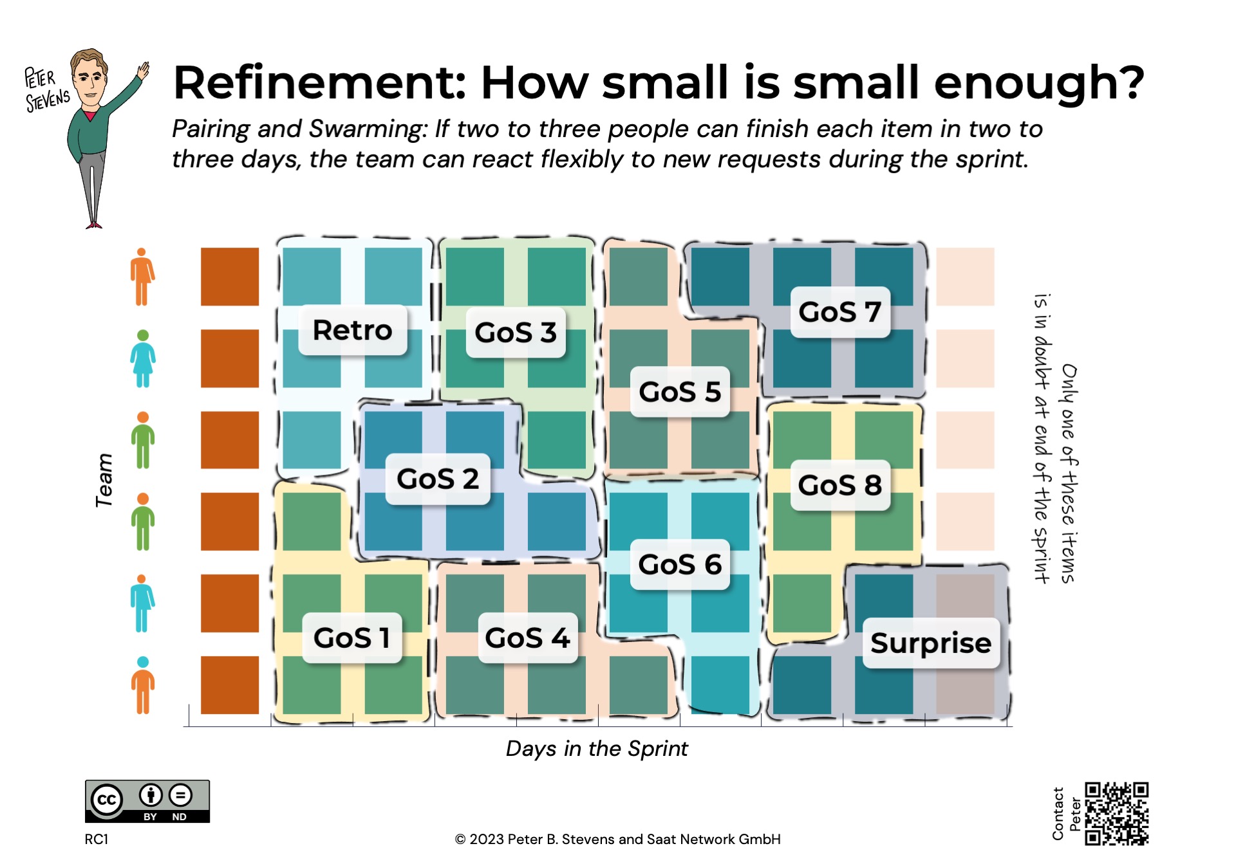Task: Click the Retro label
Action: [x=352, y=330]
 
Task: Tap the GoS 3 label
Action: [x=515, y=333]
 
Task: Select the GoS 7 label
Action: [x=839, y=312]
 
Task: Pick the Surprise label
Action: [x=930, y=643]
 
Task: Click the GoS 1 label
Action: [x=351, y=638]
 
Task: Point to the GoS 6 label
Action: [x=679, y=564]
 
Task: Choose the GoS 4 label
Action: [x=527, y=638]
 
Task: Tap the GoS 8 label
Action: [x=839, y=485]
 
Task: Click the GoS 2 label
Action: [x=438, y=479]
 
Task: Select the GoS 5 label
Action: [x=679, y=392]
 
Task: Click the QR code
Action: [x=1116, y=813]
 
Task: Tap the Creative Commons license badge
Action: [x=147, y=801]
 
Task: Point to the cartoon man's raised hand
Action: [x=143, y=69]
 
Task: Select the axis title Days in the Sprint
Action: [x=596, y=748]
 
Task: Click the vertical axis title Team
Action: [x=104, y=480]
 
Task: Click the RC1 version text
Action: [x=97, y=839]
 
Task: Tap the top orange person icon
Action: [x=142, y=277]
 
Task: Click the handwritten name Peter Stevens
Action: [x=46, y=90]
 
